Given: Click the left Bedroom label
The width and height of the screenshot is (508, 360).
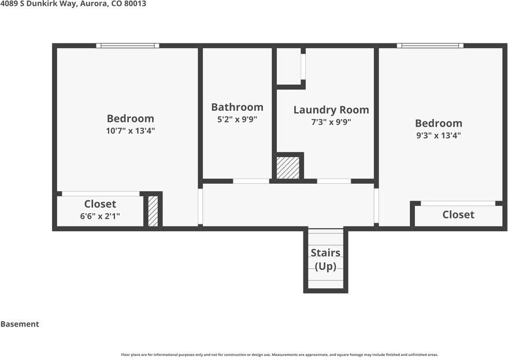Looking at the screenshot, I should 130,118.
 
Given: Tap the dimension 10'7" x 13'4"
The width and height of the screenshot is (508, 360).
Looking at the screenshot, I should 130,131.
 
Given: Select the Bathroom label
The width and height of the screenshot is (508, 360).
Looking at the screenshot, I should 237,107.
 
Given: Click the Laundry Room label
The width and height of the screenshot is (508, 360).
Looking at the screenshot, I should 331,110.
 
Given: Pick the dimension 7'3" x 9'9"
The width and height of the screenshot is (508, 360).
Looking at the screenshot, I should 331,122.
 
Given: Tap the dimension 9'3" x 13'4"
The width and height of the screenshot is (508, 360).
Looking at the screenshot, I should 438,136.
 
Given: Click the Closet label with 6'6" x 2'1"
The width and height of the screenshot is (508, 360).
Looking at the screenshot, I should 100,204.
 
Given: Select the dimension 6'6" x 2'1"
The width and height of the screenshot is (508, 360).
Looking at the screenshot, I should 99,216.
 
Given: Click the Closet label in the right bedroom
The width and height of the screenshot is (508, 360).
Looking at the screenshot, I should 458,214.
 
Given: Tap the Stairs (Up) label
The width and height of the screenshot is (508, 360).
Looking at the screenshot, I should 325,259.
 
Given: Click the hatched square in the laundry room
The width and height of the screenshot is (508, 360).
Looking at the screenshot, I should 288,168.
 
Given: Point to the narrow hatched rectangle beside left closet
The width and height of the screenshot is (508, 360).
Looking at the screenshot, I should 153,211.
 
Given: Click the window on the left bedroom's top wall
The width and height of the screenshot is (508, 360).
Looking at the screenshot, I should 128,45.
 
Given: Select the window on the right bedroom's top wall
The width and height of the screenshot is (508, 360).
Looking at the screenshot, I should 430,45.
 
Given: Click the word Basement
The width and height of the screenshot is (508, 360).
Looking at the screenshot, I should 20,324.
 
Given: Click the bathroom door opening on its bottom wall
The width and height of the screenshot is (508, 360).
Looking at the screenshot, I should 251,181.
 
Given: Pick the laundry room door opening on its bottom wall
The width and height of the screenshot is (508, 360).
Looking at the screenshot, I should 334,181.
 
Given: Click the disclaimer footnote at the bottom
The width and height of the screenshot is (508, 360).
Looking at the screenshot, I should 279,354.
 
